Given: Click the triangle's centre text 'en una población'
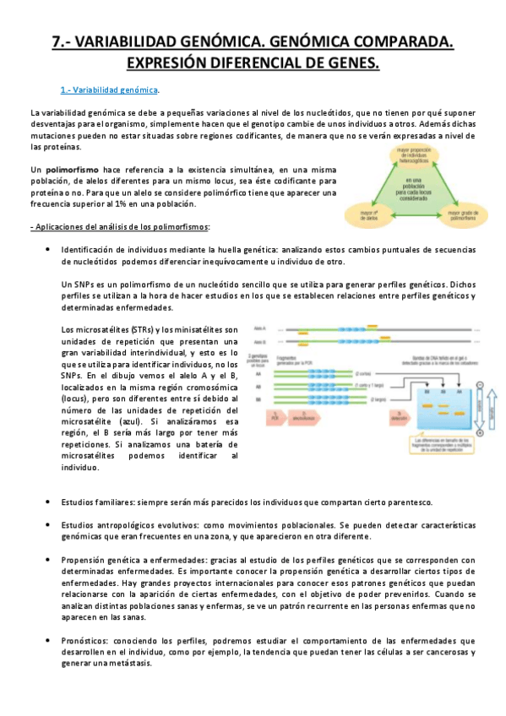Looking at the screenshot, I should [413, 188].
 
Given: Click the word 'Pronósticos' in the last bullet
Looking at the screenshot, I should [88, 640].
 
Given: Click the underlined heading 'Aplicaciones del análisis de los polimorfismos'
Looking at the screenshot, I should [121, 227].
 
